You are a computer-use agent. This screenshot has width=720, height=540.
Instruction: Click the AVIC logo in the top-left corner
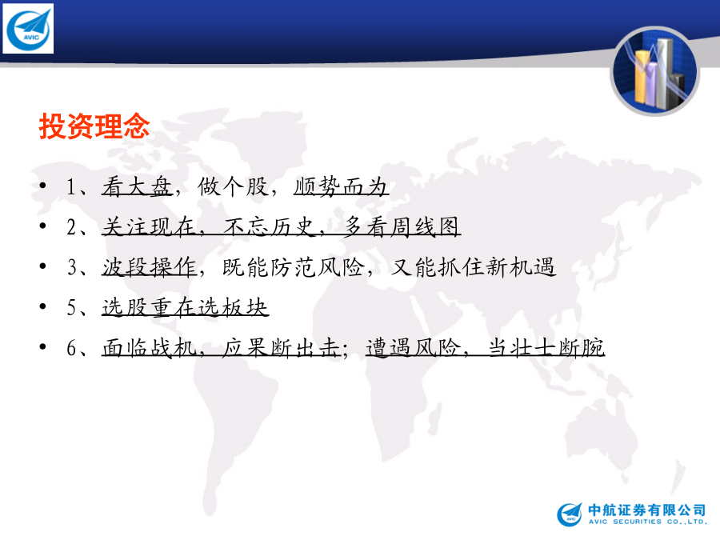point(28,29)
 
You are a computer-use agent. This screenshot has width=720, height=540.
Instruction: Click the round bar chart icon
point(654,71)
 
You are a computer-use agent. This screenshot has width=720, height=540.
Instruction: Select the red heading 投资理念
point(94,126)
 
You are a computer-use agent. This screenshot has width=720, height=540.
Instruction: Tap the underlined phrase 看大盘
point(137,186)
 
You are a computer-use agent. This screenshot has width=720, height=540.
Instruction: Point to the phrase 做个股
point(233,186)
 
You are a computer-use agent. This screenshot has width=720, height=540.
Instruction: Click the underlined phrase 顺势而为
point(341,186)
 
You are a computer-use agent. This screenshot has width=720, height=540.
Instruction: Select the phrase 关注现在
point(149,227)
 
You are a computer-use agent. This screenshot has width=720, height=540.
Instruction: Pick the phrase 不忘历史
point(269,227)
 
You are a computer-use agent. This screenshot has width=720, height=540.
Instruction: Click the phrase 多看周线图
point(402,227)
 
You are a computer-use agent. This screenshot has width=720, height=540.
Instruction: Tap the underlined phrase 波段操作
point(149,267)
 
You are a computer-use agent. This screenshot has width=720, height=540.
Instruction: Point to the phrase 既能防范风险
point(293,267)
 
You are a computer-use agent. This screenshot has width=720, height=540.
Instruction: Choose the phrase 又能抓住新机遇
point(473,267)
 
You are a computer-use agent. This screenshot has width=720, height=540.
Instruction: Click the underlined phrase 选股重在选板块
point(185,307)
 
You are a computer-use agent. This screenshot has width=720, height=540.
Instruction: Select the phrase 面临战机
point(149,348)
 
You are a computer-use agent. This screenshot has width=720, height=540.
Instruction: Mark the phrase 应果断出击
point(281,348)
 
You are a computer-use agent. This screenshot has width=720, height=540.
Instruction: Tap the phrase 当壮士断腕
point(546,348)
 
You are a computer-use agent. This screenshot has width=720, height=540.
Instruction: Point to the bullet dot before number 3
point(42,266)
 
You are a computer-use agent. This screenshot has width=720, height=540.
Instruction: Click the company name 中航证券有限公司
point(646,510)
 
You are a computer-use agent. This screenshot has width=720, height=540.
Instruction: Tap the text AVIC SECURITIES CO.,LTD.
point(648,522)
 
